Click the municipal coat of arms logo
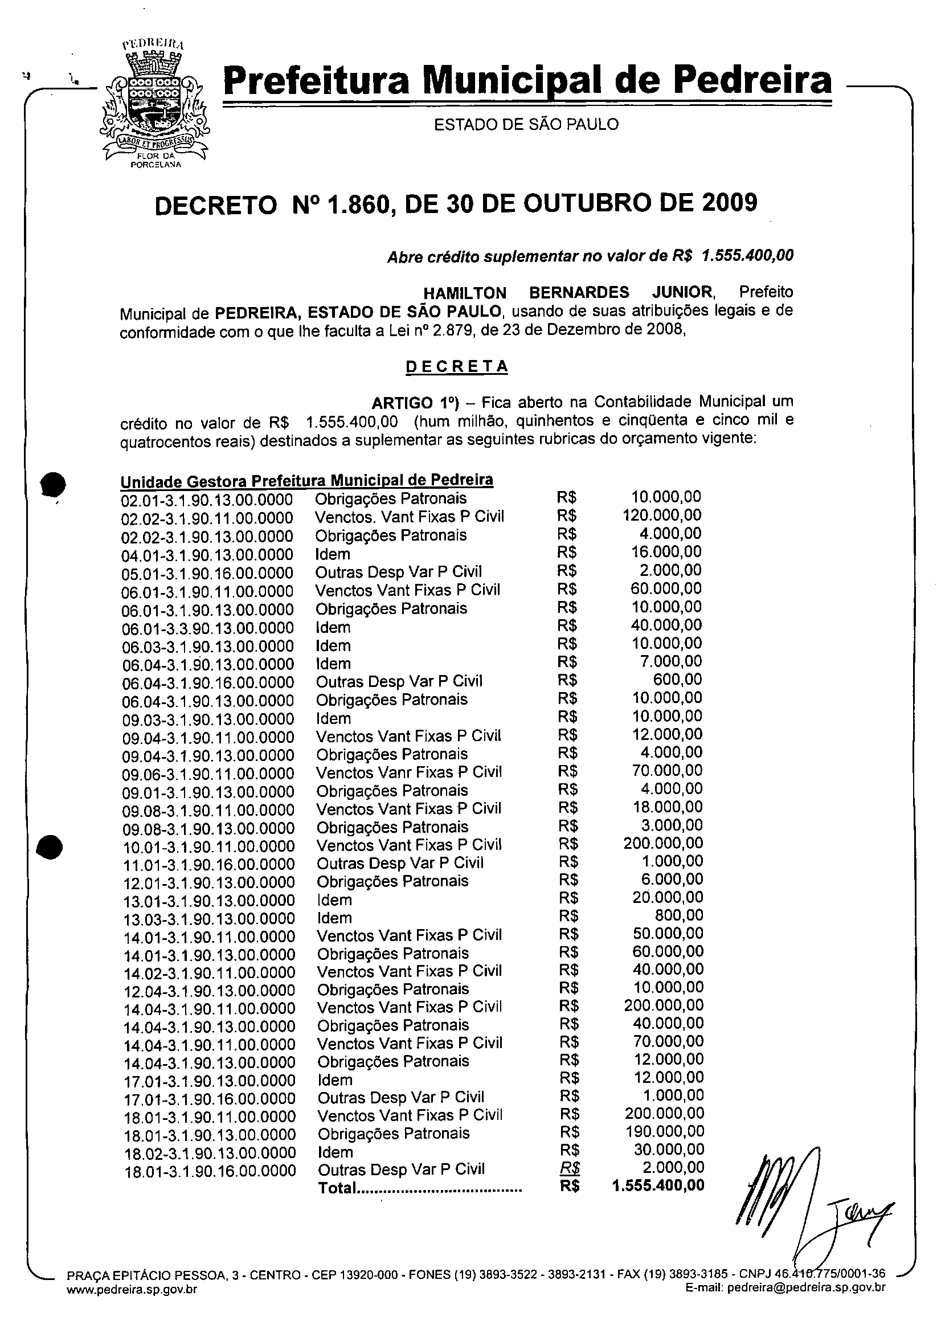tap(153, 104)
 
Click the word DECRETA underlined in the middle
tap(456, 367)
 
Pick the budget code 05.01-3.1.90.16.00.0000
tap(207, 574)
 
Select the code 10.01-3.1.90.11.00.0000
tap(208, 846)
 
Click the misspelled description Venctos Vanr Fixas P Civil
tap(409, 772)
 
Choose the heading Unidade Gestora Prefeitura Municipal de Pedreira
tap(306, 481)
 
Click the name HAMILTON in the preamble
tap(465, 293)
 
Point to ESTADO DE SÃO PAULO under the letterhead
tap(526, 124)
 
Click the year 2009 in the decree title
tap(729, 203)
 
